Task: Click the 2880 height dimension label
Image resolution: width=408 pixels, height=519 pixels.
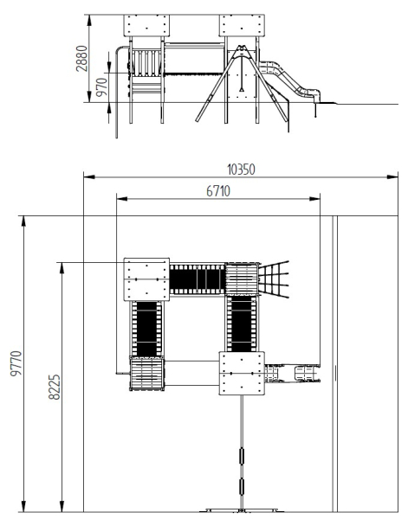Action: tap(82, 59)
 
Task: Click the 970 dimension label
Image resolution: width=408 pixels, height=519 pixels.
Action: tap(102, 86)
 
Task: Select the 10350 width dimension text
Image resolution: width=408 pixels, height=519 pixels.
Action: tap(241, 170)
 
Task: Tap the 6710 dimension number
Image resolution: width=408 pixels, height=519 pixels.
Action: tap(218, 191)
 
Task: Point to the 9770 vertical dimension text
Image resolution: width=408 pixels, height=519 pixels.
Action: tap(16, 363)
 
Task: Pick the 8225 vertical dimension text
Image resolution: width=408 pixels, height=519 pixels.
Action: tap(55, 387)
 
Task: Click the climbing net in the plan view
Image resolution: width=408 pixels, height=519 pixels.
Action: tap(274, 279)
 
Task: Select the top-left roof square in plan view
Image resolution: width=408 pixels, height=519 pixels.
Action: tap(146, 279)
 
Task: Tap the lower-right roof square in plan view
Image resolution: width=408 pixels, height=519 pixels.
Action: tap(242, 373)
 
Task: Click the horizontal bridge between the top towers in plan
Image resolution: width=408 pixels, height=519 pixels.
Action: tap(198, 279)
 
